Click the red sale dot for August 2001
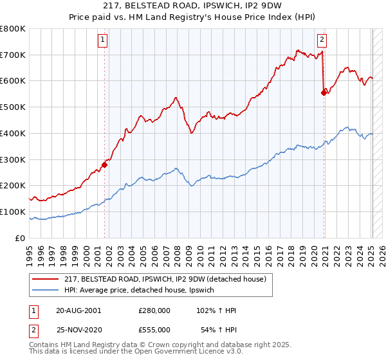pyautogui.click(x=104, y=165)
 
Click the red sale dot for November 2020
pyautogui.click(x=324, y=93)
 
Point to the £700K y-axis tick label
pyautogui.click(x=13, y=55)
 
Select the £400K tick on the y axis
pyautogui.click(x=13, y=133)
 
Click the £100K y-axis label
pyautogui.click(x=13, y=212)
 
